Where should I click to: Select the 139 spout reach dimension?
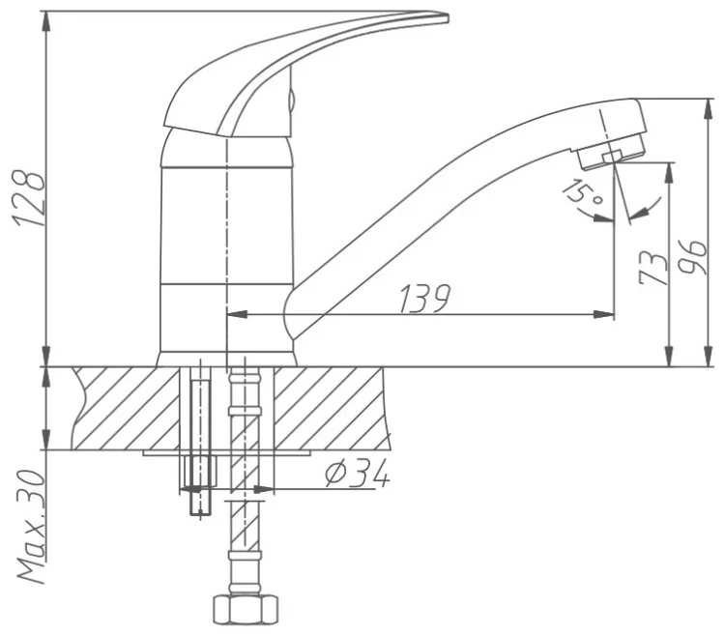coord(424,299)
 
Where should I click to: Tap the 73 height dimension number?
coord(652,268)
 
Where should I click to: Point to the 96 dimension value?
coord(692,257)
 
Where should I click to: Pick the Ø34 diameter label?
coord(357,475)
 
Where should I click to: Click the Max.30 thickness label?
coord(32,527)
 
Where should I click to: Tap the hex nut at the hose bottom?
coord(246,609)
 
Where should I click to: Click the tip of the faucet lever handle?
coord(447,18)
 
